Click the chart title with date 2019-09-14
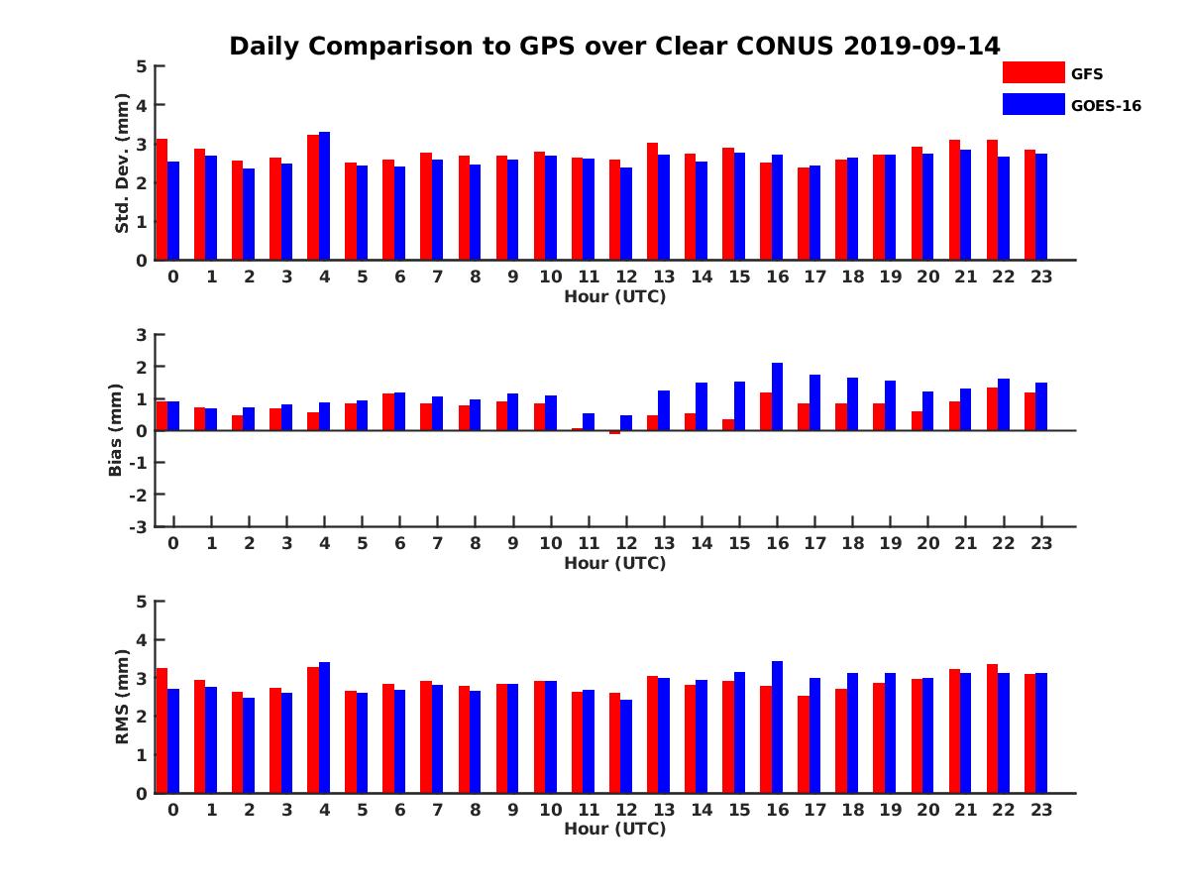614,47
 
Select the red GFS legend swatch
1032,72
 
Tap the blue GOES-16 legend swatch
1032,104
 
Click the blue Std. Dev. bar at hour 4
324,196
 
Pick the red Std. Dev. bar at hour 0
162,199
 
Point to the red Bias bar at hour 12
614,432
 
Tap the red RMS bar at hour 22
992,728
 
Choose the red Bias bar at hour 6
388,412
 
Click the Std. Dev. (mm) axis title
122,164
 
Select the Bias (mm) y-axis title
116,430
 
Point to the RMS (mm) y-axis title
122,697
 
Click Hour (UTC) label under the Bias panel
614,563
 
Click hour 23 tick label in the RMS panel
1040,809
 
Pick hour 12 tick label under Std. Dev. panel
625,277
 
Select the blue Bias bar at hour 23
1041,406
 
